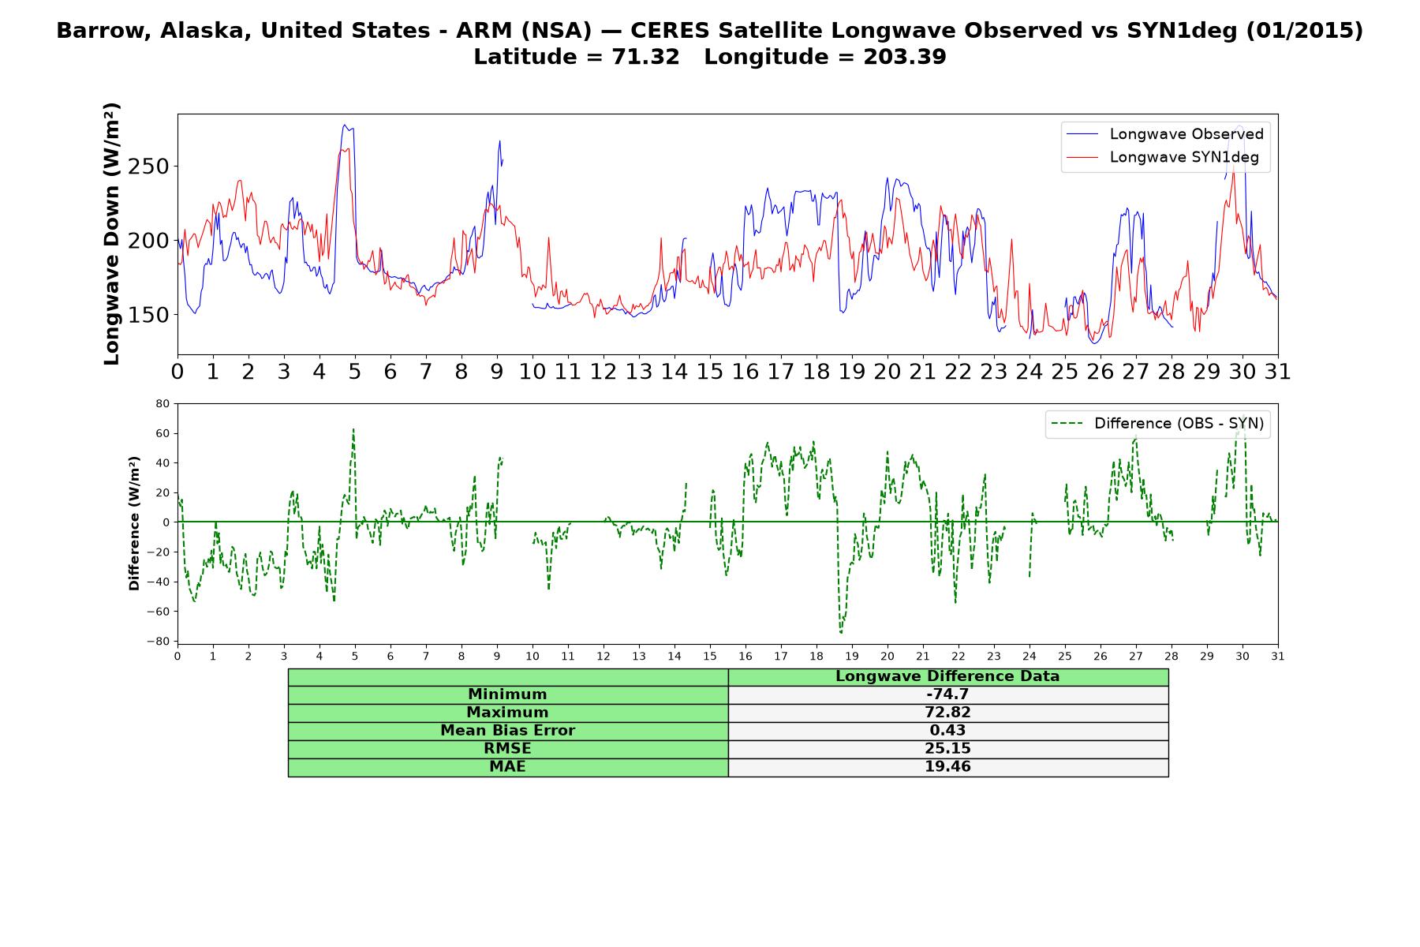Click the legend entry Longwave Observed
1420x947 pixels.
coord(1164,134)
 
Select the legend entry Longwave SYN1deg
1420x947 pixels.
coord(1162,157)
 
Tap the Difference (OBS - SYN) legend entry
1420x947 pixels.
coord(1158,424)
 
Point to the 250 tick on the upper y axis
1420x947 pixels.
coord(149,167)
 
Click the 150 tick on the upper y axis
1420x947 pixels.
coord(149,315)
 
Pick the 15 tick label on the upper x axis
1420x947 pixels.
coord(710,371)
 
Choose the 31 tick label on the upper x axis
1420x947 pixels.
coord(1278,371)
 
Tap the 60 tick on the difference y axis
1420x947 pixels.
coord(163,433)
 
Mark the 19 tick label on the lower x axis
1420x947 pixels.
coord(852,656)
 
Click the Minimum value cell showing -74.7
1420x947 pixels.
coord(947,694)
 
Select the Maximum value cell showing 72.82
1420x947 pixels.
coord(947,713)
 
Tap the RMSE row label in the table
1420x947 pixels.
coord(508,749)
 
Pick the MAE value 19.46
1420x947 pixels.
coord(947,767)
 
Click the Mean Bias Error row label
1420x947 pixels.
coord(508,731)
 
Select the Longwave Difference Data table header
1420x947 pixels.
coord(947,676)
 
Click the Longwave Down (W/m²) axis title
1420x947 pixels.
coord(111,234)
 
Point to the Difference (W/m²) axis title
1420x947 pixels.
coord(134,523)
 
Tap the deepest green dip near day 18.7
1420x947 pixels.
coord(841,633)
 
